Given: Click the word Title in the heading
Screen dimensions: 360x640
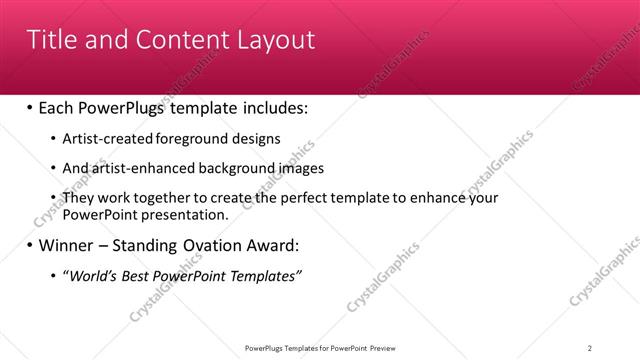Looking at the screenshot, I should click(51, 40).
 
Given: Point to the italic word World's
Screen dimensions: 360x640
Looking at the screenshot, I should click(89, 276).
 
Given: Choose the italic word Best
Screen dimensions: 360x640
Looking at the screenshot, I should click(131, 276).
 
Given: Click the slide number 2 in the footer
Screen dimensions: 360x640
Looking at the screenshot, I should click(590, 348).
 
